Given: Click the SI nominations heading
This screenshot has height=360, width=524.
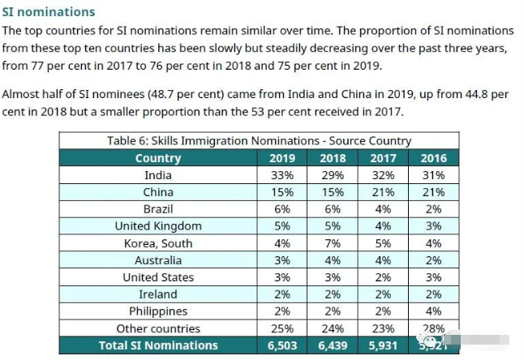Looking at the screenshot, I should tap(49, 12).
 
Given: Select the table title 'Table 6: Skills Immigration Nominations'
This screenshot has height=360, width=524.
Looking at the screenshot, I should tap(260, 140).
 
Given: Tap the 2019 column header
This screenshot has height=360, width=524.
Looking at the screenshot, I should tap(281, 158).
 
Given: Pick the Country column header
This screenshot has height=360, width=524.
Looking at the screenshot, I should tap(158, 158).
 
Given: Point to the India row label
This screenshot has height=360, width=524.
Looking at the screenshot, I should tap(158, 175).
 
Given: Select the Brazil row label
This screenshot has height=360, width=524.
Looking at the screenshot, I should tap(158, 209).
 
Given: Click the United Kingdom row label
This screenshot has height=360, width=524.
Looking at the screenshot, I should tap(158, 226).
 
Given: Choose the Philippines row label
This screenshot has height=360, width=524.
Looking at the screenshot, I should tap(158, 311).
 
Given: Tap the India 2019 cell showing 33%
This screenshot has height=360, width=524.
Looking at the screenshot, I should tap(281, 175).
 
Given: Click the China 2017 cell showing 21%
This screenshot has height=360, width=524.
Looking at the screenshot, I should tap(383, 192).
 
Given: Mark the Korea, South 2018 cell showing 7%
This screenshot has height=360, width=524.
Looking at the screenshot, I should tap(333, 243).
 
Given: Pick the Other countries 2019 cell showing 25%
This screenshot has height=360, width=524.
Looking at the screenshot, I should tap(281, 328).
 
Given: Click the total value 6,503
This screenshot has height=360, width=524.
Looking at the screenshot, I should tap(281, 345).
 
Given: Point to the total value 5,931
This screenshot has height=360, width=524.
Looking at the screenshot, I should tap(383, 345).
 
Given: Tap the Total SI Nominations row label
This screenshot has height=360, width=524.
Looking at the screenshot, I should tap(158, 345).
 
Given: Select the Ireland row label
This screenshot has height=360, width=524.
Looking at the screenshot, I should tap(158, 294).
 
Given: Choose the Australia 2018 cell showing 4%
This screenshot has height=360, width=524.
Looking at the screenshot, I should tap(333, 260).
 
